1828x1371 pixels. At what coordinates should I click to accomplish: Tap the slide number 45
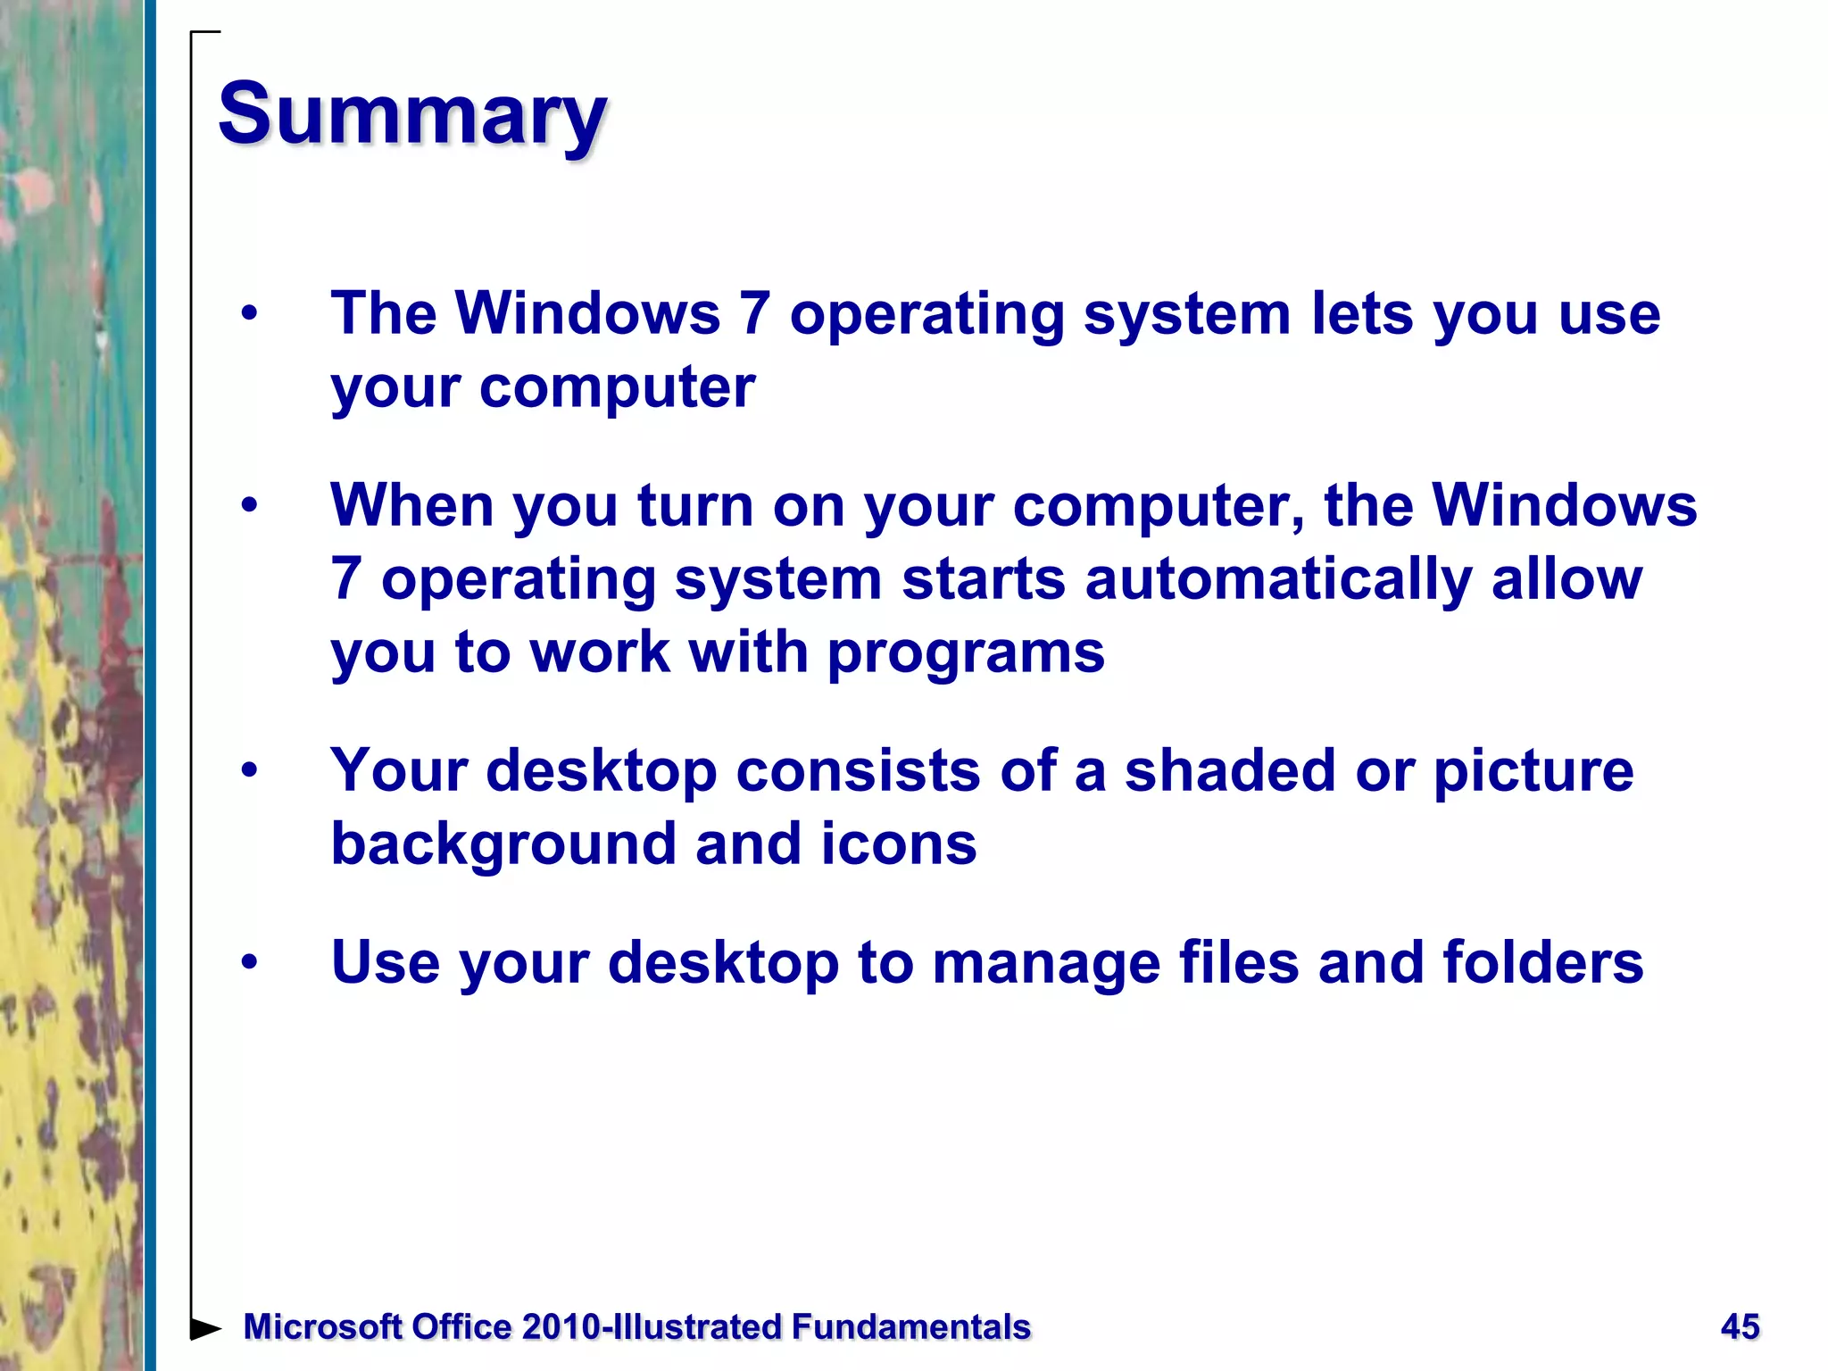pos(1740,1326)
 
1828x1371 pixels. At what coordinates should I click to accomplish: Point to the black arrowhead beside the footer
pos(205,1328)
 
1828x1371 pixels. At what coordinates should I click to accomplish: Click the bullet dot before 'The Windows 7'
pos(249,314)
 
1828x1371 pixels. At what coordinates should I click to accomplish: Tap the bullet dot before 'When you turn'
pos(249,506)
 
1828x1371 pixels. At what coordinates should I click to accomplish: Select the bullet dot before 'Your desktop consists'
pos(249,770)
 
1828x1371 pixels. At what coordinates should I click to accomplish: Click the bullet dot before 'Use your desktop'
pos(249,962)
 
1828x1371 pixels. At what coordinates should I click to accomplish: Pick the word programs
pos(966,653)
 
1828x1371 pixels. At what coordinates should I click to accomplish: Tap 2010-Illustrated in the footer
pos(652,1327)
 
